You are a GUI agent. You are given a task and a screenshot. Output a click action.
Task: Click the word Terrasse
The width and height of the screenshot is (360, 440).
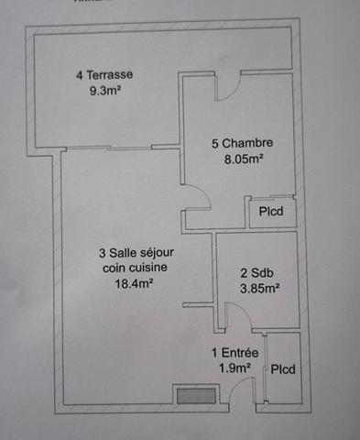(110, 75)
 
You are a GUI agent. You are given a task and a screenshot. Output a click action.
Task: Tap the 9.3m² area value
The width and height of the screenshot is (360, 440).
(104, 91)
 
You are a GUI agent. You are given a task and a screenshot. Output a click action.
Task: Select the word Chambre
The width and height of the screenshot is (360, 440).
(247, 143)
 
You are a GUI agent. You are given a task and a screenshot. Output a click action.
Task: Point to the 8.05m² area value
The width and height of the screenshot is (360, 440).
(244, 159)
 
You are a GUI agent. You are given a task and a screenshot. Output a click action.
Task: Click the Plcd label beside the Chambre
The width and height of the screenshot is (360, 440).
(271, 211)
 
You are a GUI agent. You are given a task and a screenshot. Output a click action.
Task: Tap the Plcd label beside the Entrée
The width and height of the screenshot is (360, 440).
(283, 369)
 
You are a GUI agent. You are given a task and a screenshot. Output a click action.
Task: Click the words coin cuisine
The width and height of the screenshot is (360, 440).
(135, 268)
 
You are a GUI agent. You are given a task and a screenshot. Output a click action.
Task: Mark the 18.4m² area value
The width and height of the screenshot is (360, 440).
(134, 284)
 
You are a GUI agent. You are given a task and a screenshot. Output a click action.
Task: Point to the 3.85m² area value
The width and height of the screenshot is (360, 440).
(260, 289)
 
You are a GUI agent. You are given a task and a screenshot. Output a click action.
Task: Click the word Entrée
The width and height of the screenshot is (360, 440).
(240, 353)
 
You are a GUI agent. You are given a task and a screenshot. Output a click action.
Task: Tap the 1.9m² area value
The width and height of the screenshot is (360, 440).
(235, 368)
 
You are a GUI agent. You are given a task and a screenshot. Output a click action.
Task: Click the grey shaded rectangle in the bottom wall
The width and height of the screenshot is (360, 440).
(197, 396)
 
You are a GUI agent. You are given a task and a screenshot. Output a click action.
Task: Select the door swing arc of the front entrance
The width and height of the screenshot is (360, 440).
(236, 384)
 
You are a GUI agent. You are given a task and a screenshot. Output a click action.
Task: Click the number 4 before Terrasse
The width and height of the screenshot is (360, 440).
(80, 75)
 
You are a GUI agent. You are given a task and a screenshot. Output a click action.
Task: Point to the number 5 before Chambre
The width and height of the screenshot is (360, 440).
(215, 143)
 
